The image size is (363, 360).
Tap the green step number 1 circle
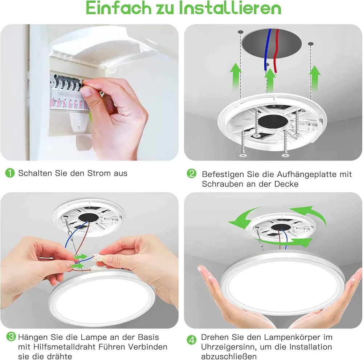point(10,173)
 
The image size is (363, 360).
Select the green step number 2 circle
point(191,173)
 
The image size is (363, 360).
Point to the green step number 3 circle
point(11,337)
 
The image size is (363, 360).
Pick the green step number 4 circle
point(191,340)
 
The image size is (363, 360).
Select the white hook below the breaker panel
point(79,122)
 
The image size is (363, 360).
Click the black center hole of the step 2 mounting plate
point(273,121)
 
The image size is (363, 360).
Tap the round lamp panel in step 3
point(102,298)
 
